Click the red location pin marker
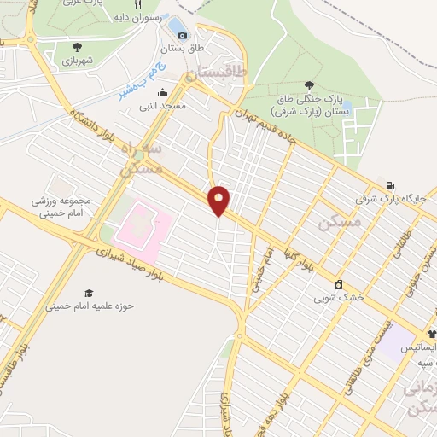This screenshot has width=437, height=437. (x=219, y=201)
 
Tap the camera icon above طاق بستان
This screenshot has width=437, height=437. (x=181, y=35)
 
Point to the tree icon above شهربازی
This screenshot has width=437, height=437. (x=78, y=48)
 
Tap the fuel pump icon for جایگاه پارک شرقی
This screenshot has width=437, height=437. (x=390, y=185)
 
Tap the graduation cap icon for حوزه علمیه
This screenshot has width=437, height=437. (x=90, y=293)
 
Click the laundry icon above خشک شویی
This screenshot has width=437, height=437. (x=339, y=285)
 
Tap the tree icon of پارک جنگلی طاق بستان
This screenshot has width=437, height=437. (x=308, y=84)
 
